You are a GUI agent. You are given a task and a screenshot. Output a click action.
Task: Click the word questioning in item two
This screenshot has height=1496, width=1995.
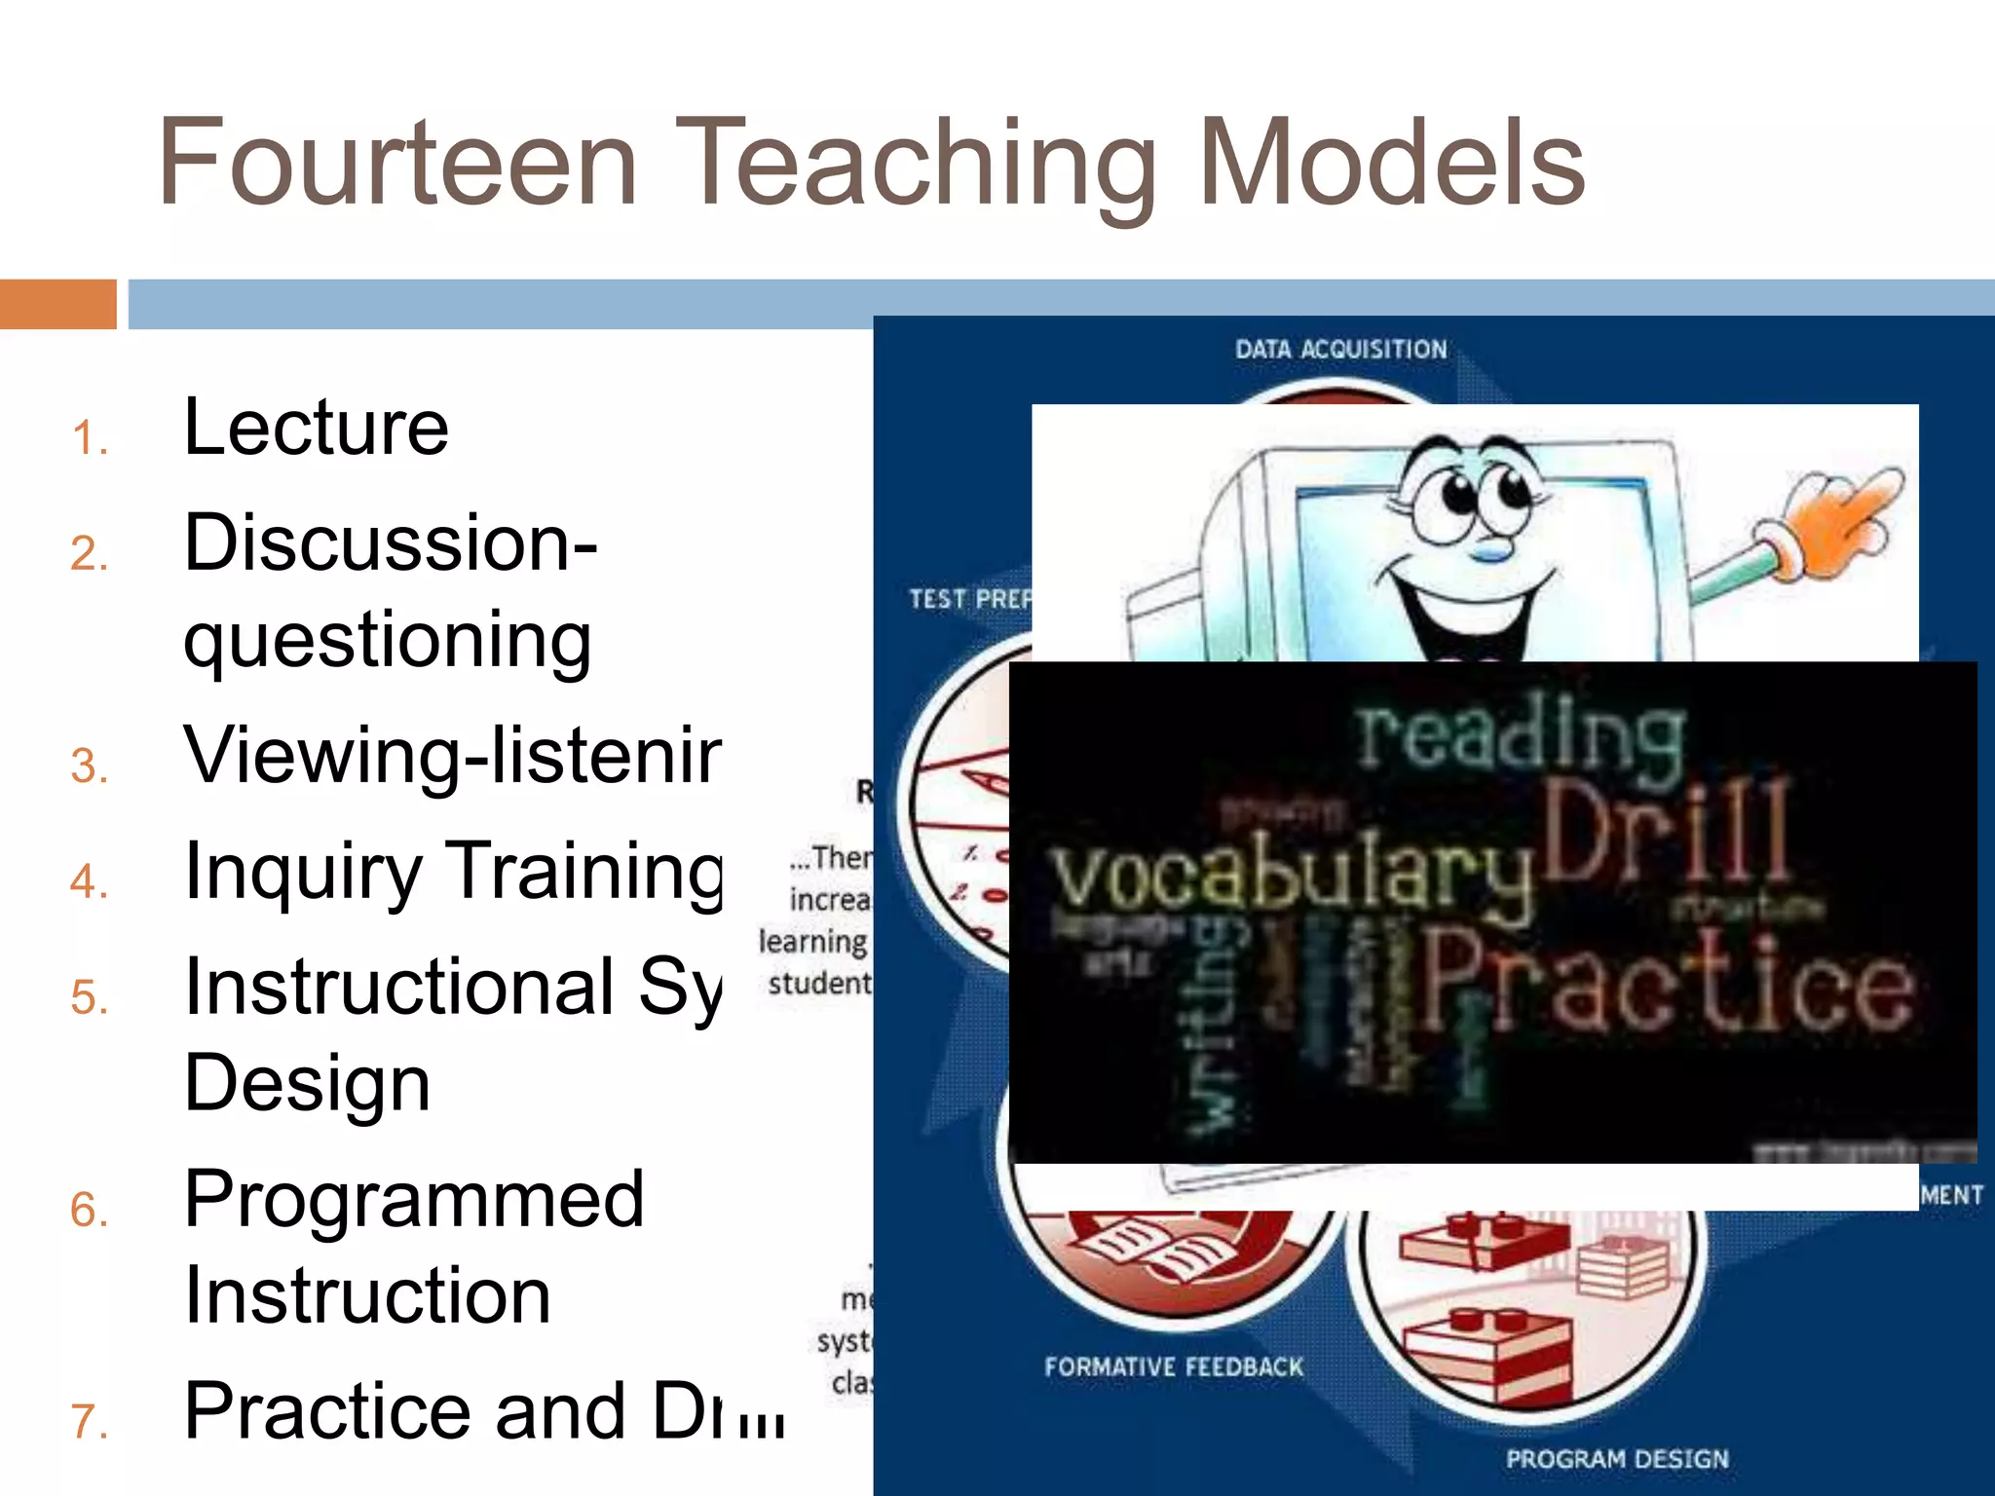(388, 641)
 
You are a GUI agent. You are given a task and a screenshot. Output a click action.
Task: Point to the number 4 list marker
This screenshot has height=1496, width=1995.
(89, 881)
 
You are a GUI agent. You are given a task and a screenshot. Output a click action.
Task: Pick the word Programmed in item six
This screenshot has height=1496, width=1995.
(414, 1199)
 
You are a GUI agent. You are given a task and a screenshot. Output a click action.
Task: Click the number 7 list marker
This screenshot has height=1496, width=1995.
(89, 1421)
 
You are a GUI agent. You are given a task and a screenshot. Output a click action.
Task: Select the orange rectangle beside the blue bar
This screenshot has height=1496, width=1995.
(57, 304)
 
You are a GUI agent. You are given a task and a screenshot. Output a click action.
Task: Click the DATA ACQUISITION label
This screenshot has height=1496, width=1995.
(1340, 350)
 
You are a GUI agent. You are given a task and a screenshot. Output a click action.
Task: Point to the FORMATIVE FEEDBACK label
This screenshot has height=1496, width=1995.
(1173, 1367)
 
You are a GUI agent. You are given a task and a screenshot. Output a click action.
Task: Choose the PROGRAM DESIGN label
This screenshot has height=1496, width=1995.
(1617, 1459)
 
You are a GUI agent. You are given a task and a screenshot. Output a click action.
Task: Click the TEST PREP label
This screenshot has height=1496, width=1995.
(969, 598)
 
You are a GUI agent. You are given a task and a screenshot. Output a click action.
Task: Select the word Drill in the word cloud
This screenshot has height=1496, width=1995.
(1666, 833)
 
